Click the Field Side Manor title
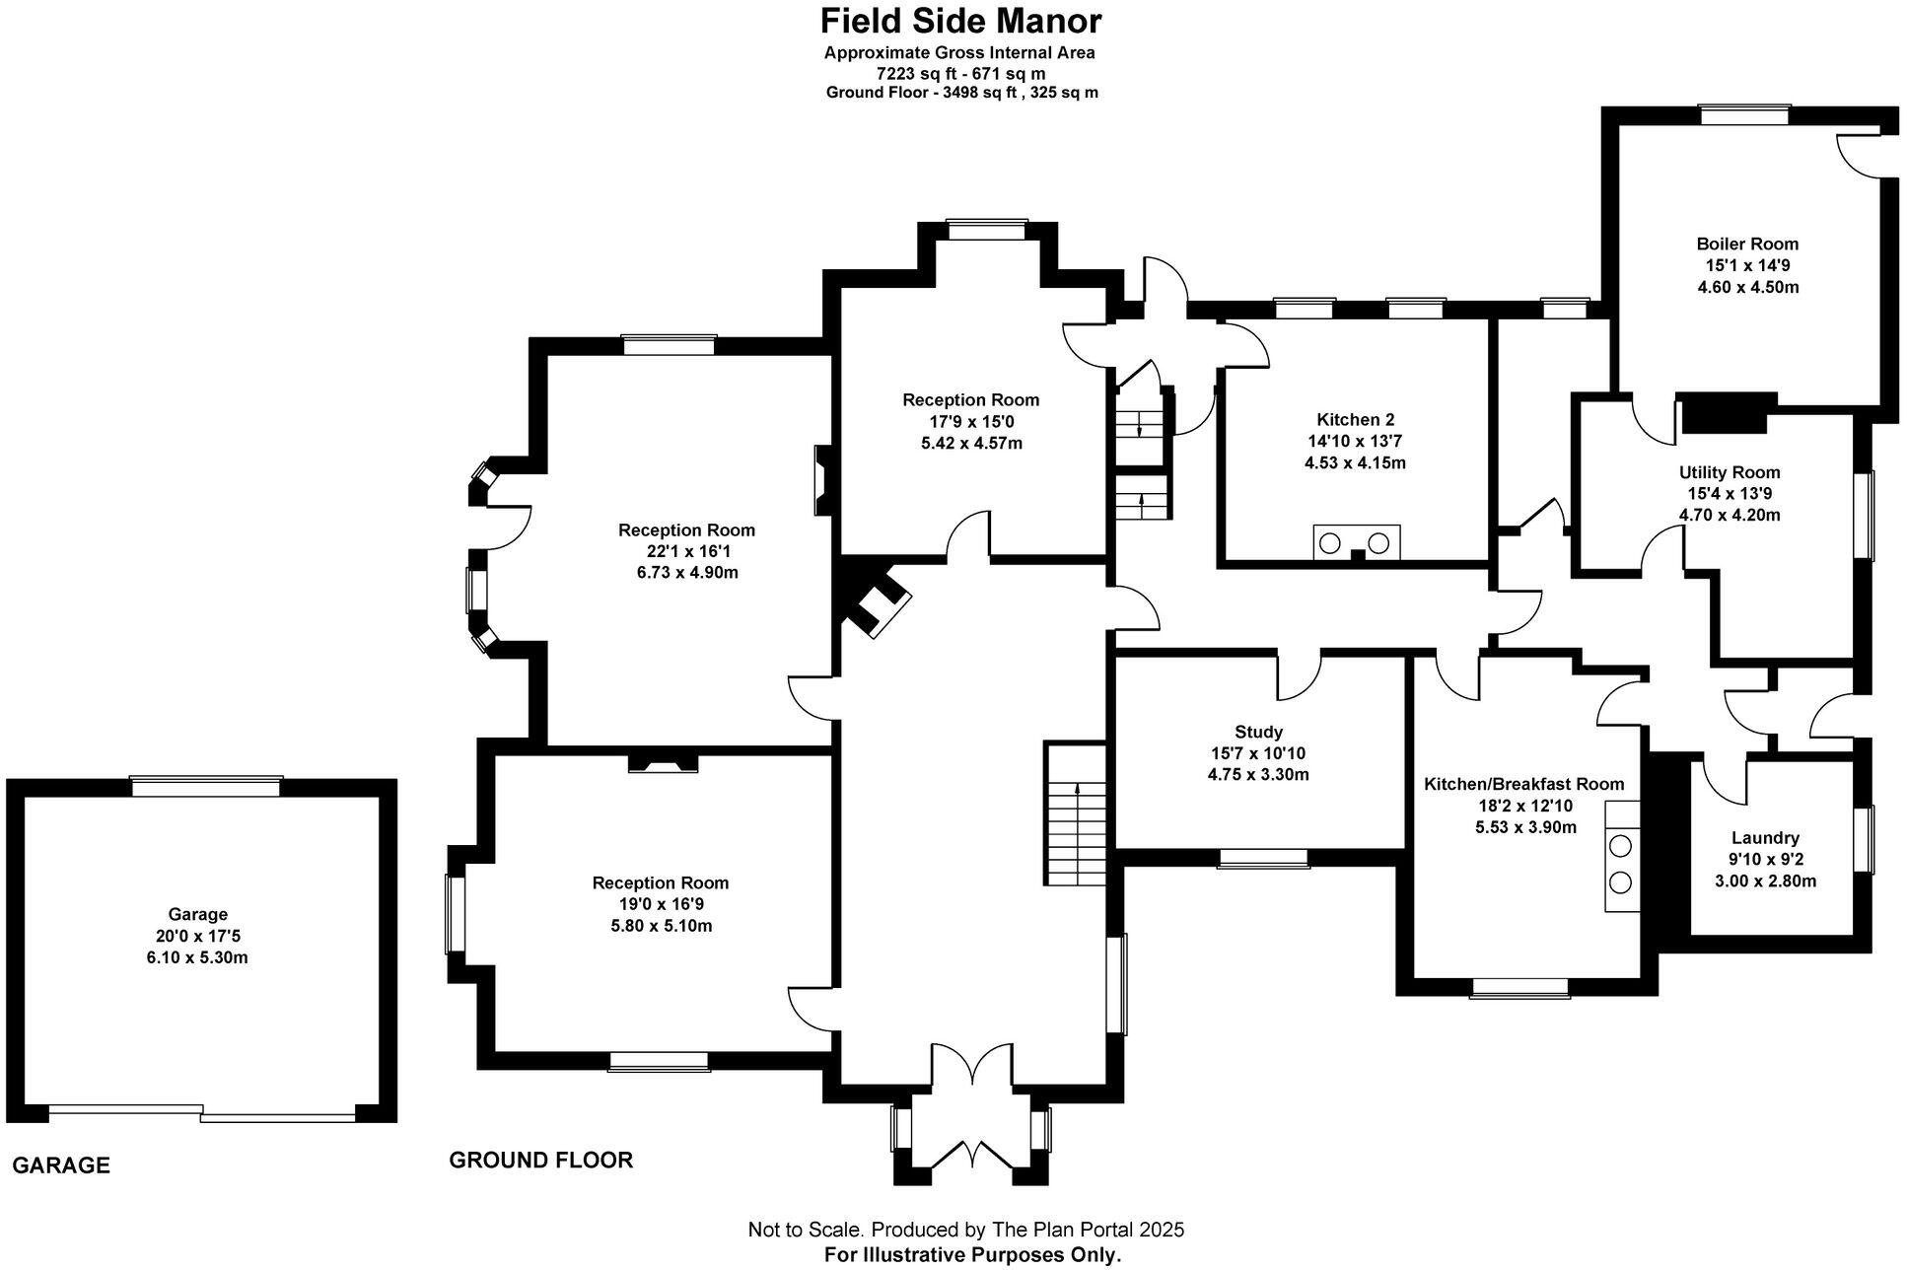pos(960,21)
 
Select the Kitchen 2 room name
pos(1355,420)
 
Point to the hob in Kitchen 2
pos(1357,541)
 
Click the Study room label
pos(1258,732)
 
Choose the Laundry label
pos(1764,838)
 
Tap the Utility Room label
pos(1729,472)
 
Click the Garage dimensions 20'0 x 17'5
pos(197,936)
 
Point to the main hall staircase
pos(1077,813)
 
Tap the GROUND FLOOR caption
pos(540,1161)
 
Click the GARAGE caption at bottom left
pos(61,1165)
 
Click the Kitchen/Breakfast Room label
pos(1523,784)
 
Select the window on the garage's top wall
pos(207,786)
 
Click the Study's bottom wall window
pos(1263,858)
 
